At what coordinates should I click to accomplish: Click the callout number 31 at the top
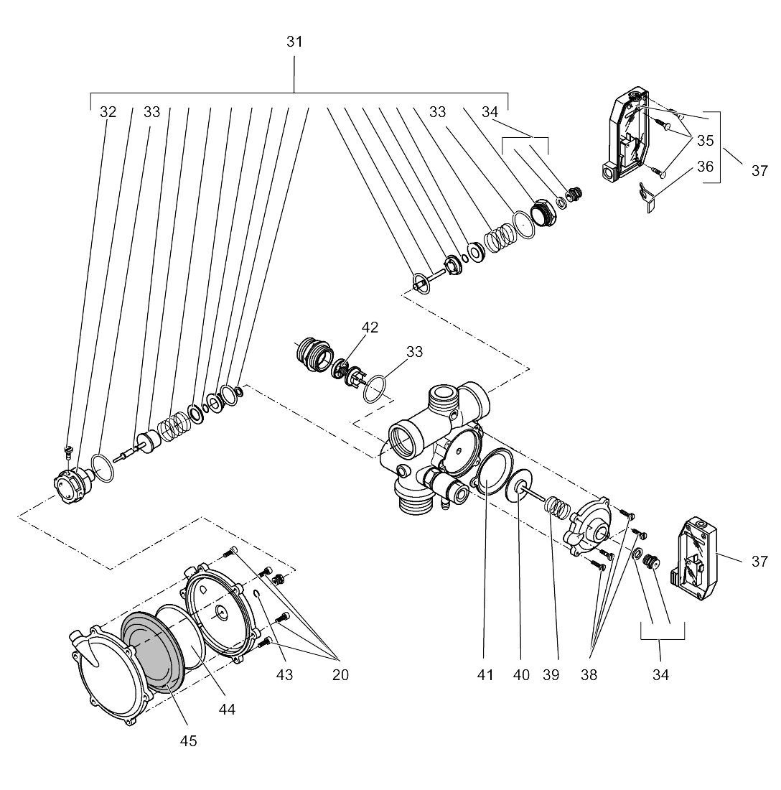294,42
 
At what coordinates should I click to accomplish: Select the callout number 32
108,112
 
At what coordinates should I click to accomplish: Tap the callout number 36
706,166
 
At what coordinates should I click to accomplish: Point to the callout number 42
370,327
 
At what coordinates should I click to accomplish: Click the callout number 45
188,740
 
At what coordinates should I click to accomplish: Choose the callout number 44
227,709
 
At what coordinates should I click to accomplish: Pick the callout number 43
284,674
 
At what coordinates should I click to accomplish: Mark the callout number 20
340,674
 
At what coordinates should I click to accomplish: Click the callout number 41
485,674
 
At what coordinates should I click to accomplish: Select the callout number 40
522,674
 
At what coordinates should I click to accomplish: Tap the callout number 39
551,674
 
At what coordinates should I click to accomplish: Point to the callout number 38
589,674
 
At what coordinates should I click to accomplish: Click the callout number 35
706,141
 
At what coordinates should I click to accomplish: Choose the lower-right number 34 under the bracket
660,674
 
